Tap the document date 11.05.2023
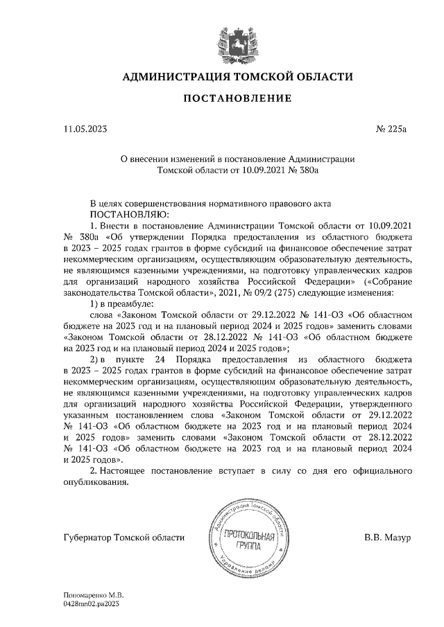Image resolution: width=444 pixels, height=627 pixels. point(85,128)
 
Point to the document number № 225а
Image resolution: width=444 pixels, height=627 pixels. point(395,128)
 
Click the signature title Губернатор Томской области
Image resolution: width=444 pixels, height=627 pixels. point(123,538)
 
